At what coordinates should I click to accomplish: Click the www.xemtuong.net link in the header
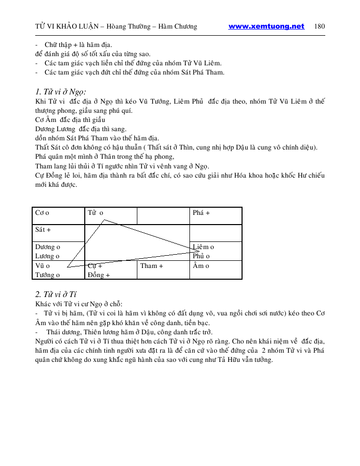(x=266, y=27)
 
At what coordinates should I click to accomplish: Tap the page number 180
(x=320, y=27)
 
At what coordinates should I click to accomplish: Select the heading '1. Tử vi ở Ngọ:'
(x=60, y=92)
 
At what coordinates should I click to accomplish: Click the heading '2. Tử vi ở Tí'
(x=56, y=294)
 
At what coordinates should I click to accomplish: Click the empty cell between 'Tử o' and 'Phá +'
(x=163, y=215)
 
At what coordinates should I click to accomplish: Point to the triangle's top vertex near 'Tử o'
(x=104, y=220)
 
